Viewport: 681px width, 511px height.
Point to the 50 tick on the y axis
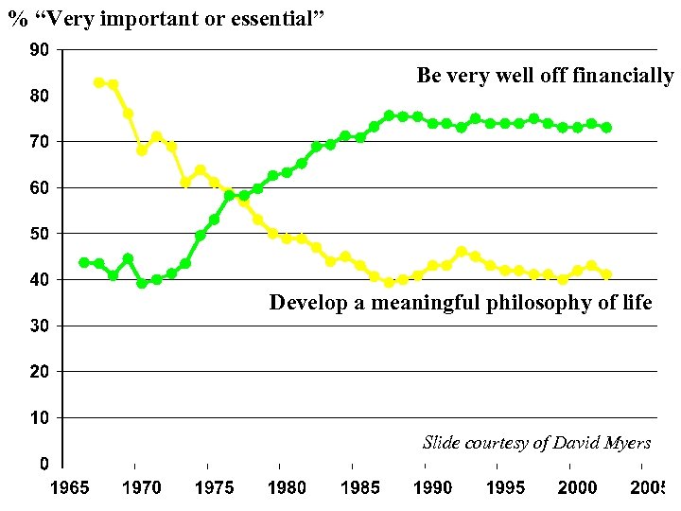[41, 233]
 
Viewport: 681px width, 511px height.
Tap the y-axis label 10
[41, 417]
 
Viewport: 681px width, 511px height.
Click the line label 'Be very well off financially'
[545, 76]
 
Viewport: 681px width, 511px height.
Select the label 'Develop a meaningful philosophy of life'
[461, 303]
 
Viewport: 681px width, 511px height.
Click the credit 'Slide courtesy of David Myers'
[536, 442]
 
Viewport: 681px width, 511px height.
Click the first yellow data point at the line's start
[98, 82]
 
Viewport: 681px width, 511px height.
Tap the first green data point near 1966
[83, 262]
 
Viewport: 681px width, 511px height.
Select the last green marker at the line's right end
[606, 127]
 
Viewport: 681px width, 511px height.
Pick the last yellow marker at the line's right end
[606, 274]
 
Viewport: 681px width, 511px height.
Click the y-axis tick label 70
[41, 141]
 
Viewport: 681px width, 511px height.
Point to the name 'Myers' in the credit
[626, 442]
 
